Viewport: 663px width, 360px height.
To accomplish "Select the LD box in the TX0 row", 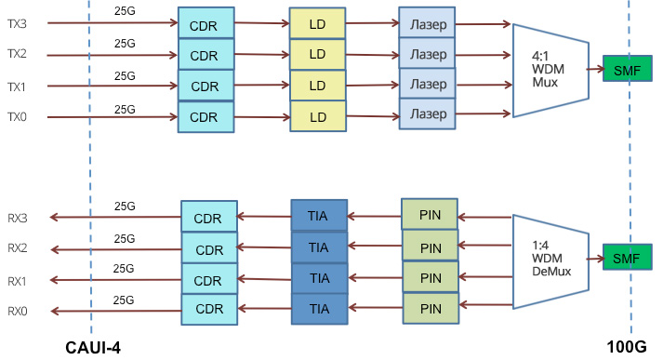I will pos(317,117).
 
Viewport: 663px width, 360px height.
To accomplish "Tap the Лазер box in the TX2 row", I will pos(428,53).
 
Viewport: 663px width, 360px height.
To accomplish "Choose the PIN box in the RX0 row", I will pos(430,309).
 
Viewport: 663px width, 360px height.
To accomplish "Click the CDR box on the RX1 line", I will pos(208,280).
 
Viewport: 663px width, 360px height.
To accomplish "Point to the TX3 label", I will pos(17,24).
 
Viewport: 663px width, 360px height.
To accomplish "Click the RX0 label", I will pos(17,311).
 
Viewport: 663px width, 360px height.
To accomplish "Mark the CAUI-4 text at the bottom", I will pos(93,348).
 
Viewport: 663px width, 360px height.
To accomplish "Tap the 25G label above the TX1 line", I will pos(125,77).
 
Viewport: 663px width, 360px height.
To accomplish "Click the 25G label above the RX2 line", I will pos(125,239).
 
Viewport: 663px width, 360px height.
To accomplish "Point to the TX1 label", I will pos(17,86).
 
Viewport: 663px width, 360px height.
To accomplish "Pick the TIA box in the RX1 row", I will pos(318,278).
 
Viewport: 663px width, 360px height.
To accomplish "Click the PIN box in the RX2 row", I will pos(430,247).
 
